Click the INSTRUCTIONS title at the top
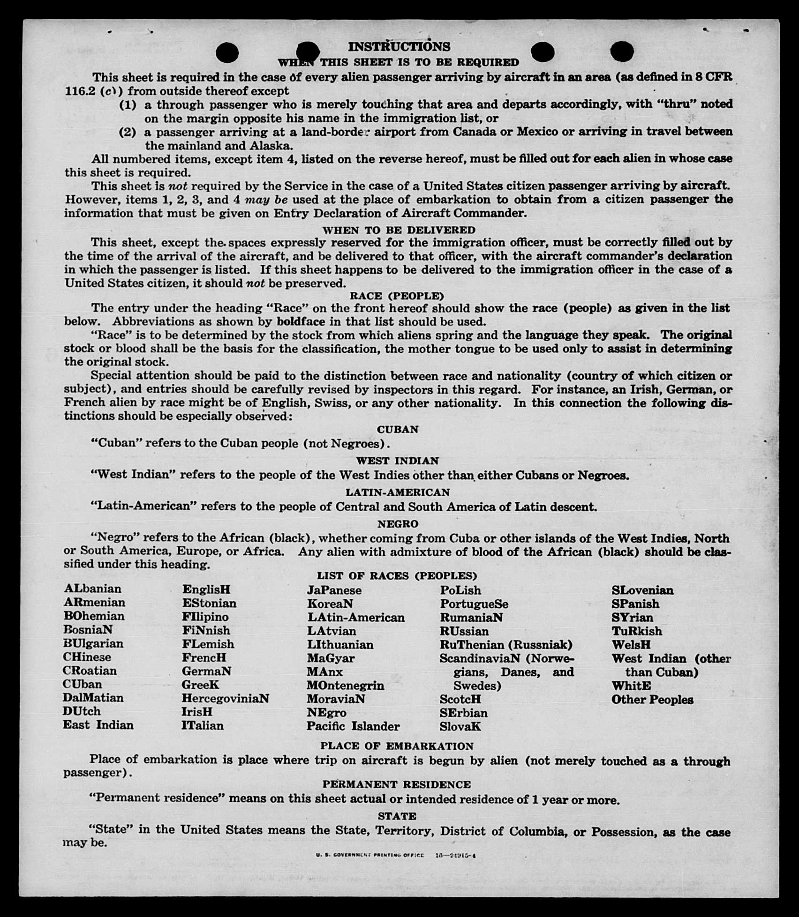coord(399,46)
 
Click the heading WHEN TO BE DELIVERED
coord(399,230)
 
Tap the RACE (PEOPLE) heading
coord(397,296)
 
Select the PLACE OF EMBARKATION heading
coord(397,746)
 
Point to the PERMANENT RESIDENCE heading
coord(397,784)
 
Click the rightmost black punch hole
coord(622,51)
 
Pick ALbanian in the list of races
coord(92,589)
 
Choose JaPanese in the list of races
coord(334,590)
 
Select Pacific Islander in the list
coord(353,726)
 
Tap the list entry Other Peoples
coord(652,700)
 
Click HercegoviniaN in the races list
coord(226,698)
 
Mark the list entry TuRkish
coord(637,631)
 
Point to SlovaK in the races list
coord(460,727)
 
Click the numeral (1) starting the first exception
coord(128,104)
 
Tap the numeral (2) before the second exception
coord(128,132)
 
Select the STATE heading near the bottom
coord(397,816)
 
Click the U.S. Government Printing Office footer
coord(396,855)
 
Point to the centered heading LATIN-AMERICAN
coord(398,492)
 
